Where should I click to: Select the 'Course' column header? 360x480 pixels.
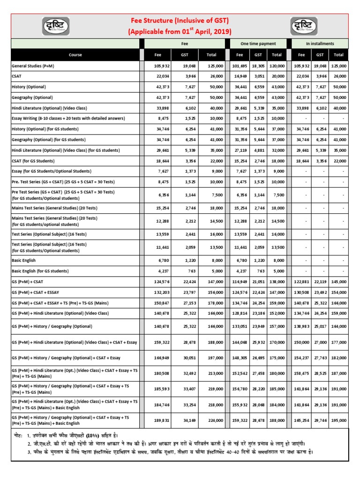[x=75, y=55]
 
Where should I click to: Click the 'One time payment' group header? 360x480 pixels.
[x=258, y=44]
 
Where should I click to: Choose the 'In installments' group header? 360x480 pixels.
[x=320, y=44]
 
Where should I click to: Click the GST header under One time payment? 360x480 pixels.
[x=258, y=55]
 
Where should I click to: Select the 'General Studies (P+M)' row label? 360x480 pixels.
[x=33, y=66]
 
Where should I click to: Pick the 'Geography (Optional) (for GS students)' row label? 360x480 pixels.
[x=49, y=140]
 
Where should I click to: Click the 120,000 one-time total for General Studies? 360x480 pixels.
[x=277, y=66]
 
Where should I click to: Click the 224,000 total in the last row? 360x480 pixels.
[x=215, y=420]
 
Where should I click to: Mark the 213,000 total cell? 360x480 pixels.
[x=215, y=374]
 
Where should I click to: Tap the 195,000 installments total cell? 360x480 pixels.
[x=338, y=420]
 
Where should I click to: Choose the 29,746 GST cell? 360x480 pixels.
[x=321, y=420]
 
